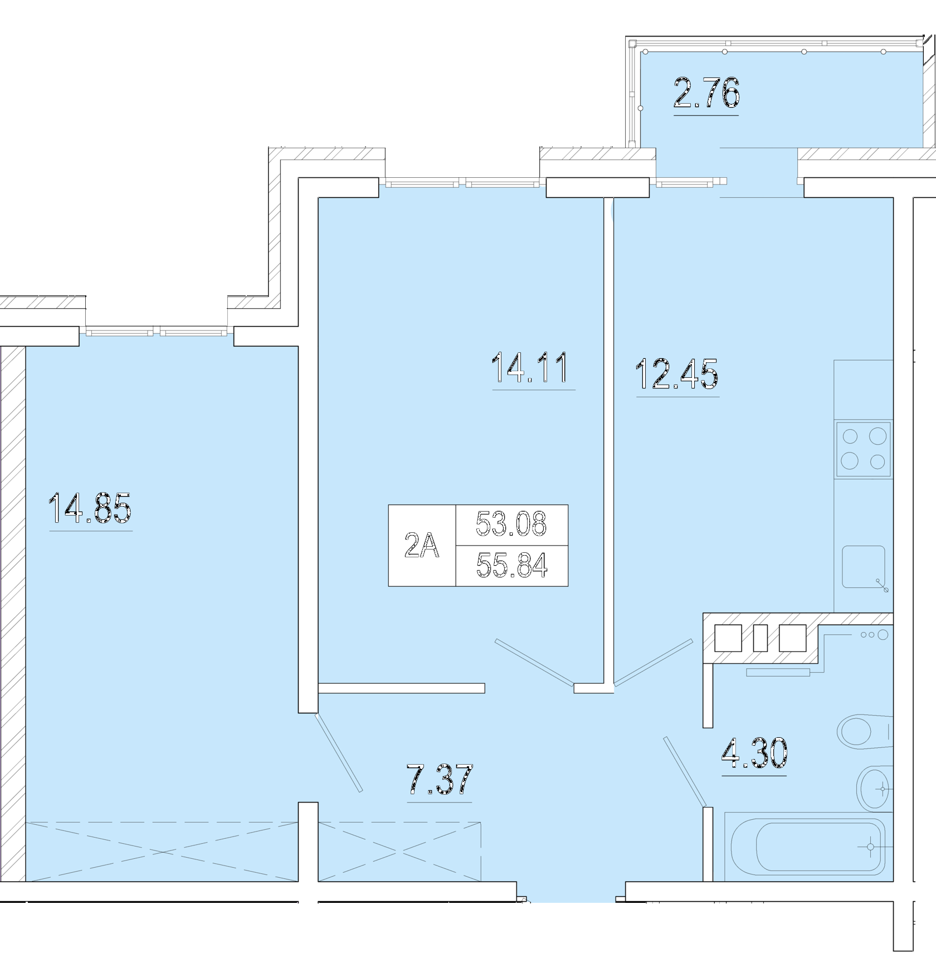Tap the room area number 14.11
530,368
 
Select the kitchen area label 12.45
676,373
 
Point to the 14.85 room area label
90,508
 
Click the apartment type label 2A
422,545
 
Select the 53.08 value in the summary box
511,524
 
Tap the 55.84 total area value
512,566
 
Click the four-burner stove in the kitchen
863,449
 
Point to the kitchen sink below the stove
864,567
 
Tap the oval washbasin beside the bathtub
875,789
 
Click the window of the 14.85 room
157,332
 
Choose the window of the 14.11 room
462,182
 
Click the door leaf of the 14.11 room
534,662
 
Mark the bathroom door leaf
685,772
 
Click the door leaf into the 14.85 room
338,752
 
